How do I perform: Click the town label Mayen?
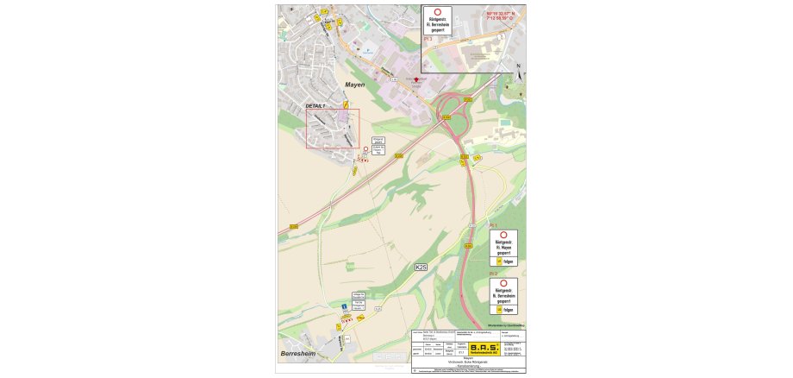pyautogui.click(x=355, y=85)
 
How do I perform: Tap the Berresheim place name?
pyautogui.click(x=300, y=355)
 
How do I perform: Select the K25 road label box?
pyautogui.click(x=421, y=268)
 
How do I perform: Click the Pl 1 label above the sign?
pyautogui.click(x=493, y=225)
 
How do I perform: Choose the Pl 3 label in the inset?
pyautogui.click(x=428, y=39)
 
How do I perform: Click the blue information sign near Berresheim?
pyautogui.click(x=345, y=307)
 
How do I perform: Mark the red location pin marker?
pyautogui.click(x=415, y=79)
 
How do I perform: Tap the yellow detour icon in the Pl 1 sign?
pyautogui.click(x=496, y=260)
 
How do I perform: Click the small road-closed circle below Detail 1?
pyautogui.click(x=365, y=149)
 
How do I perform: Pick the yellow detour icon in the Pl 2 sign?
pyautogui.click(x=496, y=309)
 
